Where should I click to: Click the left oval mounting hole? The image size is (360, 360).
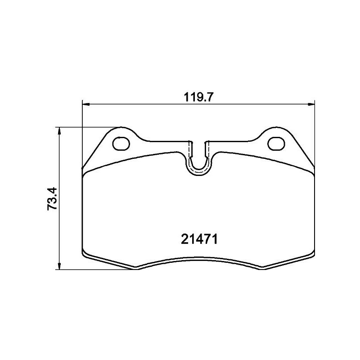(x=121, y=143)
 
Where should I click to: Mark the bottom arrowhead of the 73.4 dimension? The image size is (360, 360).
(x=59, y=266)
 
